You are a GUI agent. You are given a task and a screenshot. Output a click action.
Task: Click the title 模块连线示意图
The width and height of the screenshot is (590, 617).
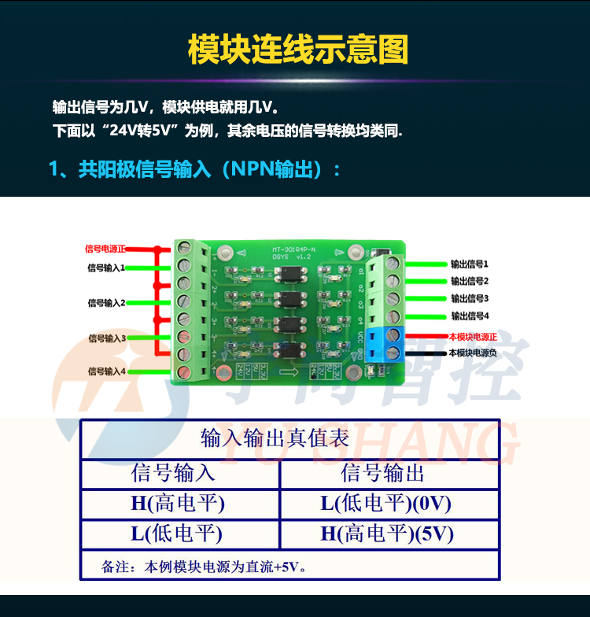(x=298, y=50)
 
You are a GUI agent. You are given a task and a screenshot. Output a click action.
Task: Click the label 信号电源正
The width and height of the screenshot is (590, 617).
(x=105, y=249)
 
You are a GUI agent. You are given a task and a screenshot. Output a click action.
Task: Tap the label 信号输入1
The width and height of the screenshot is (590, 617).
(x=106, y=268)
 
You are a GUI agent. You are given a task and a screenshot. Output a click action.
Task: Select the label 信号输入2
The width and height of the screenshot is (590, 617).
(x=106, y=302)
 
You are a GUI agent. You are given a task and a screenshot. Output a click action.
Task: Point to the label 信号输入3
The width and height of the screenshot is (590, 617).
(x=106, y=338)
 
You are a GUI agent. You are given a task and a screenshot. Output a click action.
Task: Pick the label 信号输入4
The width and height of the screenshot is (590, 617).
(x=106, y=371)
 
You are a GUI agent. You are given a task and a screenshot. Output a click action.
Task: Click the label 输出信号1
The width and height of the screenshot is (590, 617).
(x=470, y=264)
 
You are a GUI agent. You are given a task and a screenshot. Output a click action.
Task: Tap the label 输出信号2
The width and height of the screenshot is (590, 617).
(x=470, y=281)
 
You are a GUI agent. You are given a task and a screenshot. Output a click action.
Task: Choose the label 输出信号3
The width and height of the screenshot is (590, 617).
(x=470, y=298)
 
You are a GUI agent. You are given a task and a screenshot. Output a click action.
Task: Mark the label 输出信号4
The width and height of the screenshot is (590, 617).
(x=470, y=316)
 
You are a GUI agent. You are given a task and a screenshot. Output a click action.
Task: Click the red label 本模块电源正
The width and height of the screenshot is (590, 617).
(x=473, y=337)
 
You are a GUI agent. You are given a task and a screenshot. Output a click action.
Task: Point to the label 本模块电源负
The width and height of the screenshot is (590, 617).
(x=473, y=353)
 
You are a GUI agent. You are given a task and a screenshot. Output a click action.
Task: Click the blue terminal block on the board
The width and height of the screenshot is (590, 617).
(x=391, y=345)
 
